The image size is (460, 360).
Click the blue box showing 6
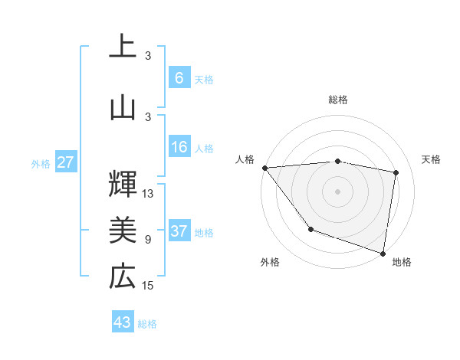(x=179, y=78)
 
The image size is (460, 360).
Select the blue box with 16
(x=179, y=148)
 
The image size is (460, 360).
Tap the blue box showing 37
(x=179, y=232)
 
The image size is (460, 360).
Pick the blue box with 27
(x=65, y=162)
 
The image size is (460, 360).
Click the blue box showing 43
(x=123, y=322)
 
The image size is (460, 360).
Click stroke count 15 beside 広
(x=148, y=286)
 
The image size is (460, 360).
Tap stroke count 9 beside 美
(x=148, y=239)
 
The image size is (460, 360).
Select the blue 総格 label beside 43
(x=147, y=324)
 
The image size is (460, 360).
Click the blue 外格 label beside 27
(x=41, y=163)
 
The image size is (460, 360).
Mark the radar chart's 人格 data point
(x=264, y=168)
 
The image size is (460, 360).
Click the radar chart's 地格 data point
(x=383, y=252)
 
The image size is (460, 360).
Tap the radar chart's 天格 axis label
(x=431, y=159)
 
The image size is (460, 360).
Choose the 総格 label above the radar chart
(x=338, y=100)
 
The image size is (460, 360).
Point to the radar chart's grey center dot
(x=338, y=191)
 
